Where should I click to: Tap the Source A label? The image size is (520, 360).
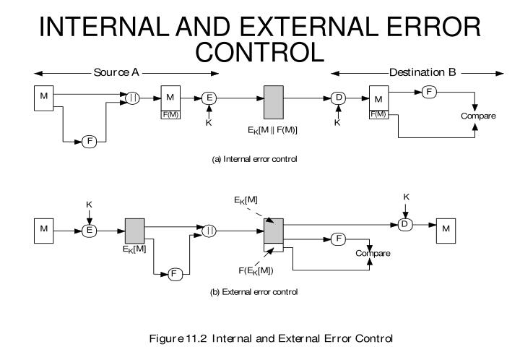click(x=120, y=72)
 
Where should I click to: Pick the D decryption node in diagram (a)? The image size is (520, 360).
click(x=337, y=97)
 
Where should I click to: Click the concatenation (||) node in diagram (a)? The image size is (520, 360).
click(x=133, y=97)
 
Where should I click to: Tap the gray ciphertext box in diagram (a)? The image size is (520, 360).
click(x=274, y=98)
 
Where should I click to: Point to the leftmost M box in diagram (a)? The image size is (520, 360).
click(x=44, y=97)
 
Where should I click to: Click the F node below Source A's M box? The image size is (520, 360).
click(x=89, y=141)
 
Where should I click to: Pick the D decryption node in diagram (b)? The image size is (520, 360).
click(x=405, y=225)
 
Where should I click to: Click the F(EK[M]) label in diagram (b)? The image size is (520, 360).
click(x=271, y=270)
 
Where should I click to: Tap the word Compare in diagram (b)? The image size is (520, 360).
click(x=373, y=253)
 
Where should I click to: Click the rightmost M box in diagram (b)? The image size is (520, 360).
click(x=445, y=229)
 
